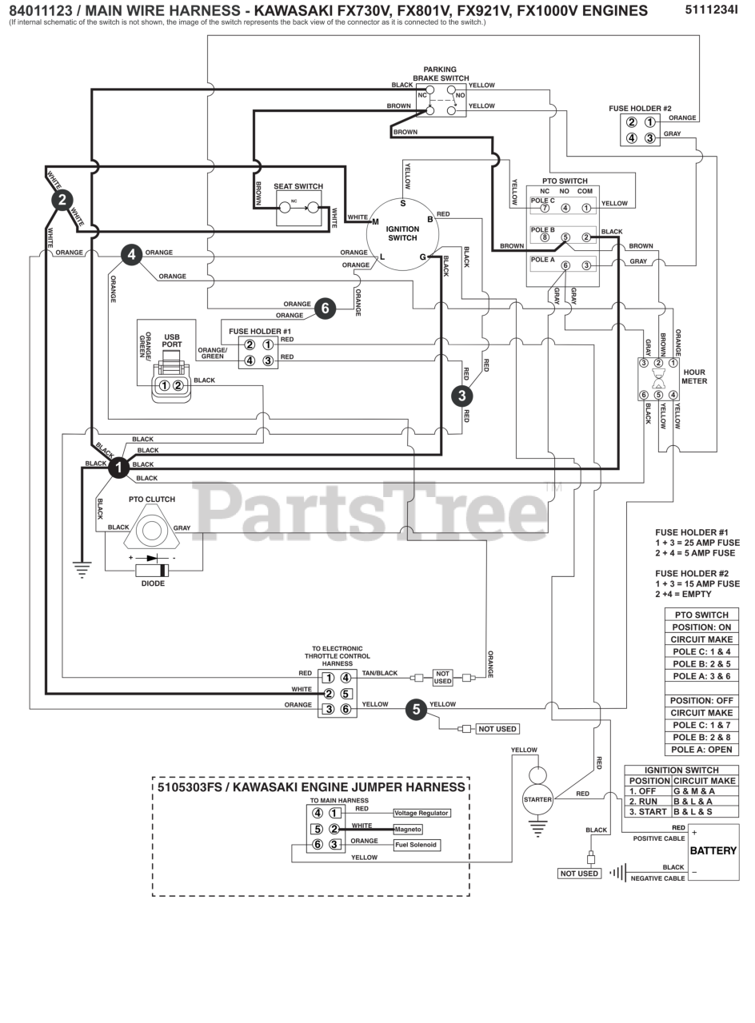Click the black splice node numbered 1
tap(119, 468)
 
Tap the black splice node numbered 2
tap(62, 200)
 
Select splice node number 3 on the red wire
tap(461, 396)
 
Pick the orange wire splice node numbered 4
tap(132, 254)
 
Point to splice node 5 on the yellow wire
tap(416, 709)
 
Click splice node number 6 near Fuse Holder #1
tap(325, 308)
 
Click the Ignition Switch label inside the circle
tap(402, 233)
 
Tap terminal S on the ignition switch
tap(402, 203)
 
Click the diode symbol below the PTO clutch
tap(153, 570)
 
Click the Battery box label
tap(713, 851)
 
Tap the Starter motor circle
tap(537, 800)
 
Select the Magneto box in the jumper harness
tap(408, 830)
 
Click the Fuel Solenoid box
tap(417, 845)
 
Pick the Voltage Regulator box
tap(421, 813)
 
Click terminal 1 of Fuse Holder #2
tap(649, 121)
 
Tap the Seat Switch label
tap(298, 186)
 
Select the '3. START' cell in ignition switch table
tap(648, 811)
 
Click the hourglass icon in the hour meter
tap(658, 379)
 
